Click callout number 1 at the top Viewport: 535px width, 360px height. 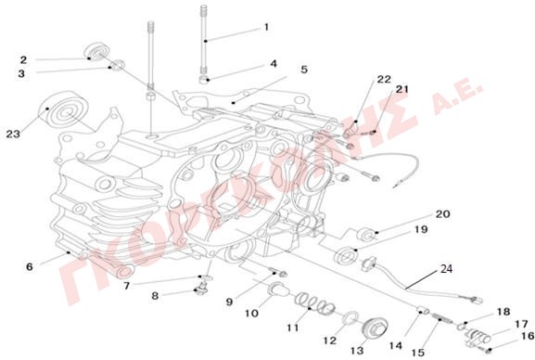(x=267, y=27)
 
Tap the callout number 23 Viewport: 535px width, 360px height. (x=13, y=135)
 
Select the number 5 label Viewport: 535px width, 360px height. (x=304, y=70)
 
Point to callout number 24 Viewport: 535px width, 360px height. (x=446, y=269)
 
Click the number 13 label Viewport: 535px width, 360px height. (x=357, y=351)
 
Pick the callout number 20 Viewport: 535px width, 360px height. (x=443, y=214)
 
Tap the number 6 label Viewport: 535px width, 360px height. (x=30, y=267)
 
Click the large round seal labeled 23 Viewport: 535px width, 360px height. (x=63, y=109)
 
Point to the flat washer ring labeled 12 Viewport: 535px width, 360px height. (x=350, y=320)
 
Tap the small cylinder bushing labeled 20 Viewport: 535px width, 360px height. (x=365, y=235)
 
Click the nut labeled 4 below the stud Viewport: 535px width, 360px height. (x=204, y=80)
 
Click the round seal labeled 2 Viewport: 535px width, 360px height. (x=96, y=52)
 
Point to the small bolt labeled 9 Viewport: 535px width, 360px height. (x=278, y=272)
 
